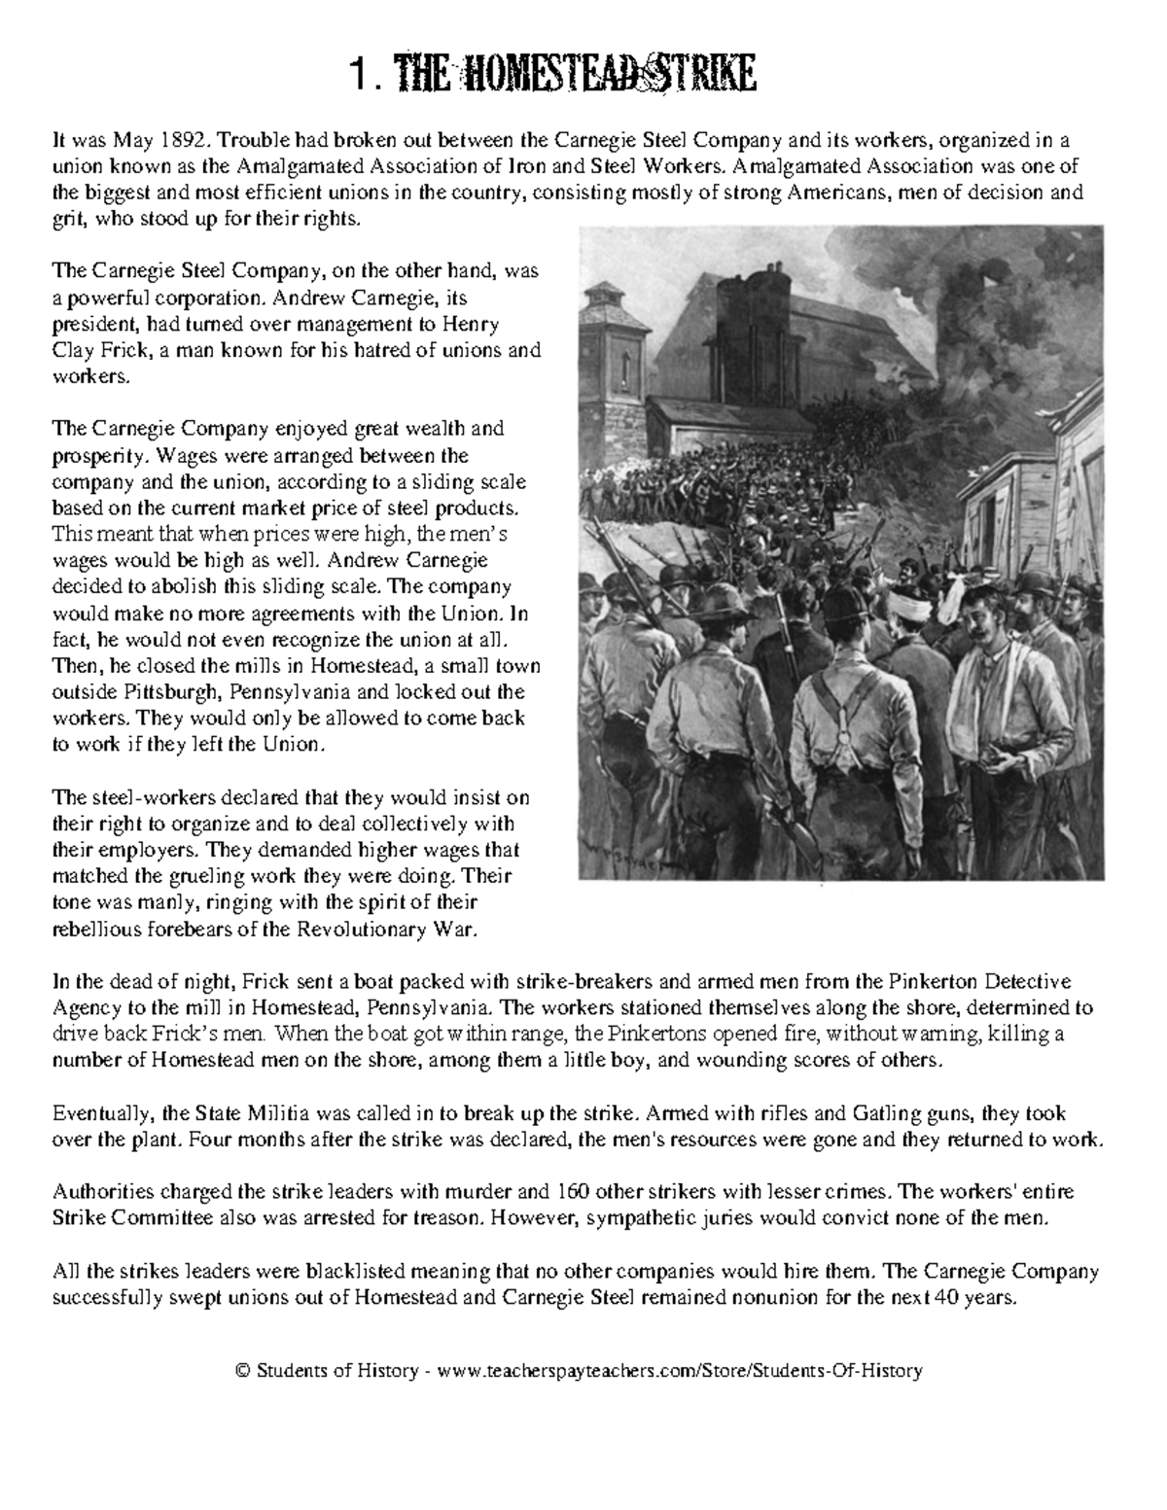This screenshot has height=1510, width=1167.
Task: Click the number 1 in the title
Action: tap(361, 75)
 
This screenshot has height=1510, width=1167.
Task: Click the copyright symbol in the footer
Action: tap(244, 1371)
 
